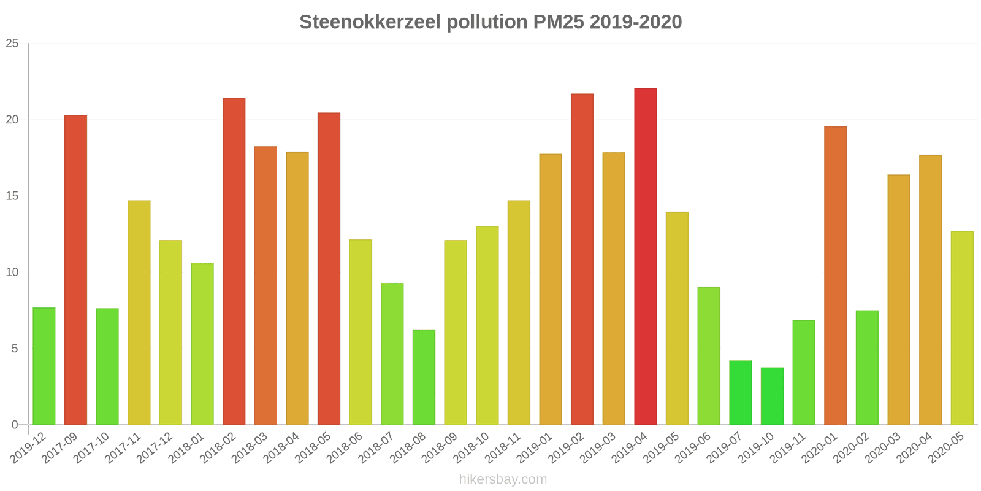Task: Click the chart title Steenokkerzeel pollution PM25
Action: click(490, 22)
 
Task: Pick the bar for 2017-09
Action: click(75, 270)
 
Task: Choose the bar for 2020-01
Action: click(835, 276)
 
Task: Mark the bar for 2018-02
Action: click(234, 261)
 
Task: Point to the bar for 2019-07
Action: click(740, 393)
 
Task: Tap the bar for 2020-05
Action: click(961, 328)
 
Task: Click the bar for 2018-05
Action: click(329, 269)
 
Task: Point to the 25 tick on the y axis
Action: click(12, 44)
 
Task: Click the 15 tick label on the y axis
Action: click(12, 196)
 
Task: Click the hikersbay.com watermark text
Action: click(503, 479)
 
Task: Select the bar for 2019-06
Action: click(708, 356)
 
